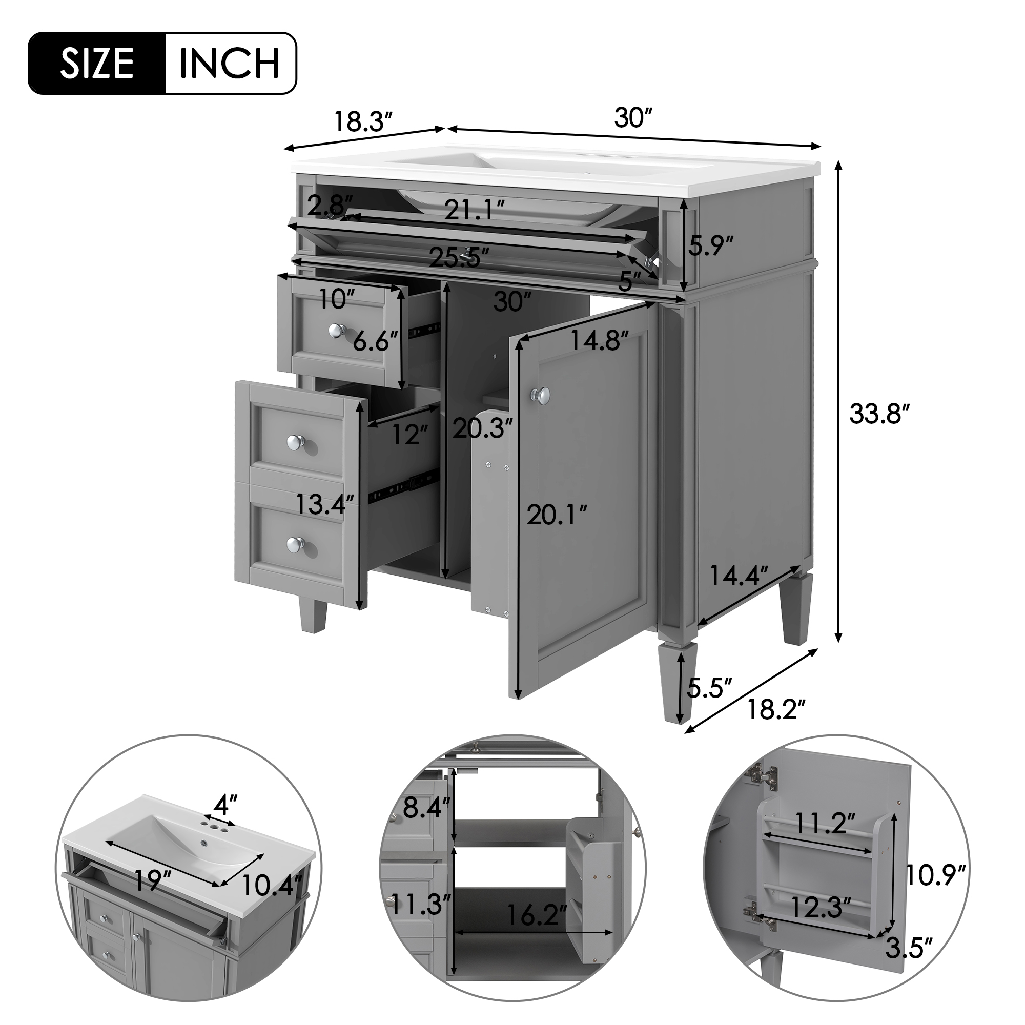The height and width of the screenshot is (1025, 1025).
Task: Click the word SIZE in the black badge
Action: [97, 63]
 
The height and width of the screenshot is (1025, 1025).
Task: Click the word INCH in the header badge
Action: [230, 63]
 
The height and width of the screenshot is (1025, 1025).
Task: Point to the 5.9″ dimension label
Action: [711, 245]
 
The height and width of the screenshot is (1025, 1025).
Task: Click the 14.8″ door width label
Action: [600, 341]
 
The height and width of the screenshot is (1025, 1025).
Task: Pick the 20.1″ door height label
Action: [557, 515]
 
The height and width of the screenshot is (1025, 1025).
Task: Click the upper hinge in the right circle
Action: [765, 778]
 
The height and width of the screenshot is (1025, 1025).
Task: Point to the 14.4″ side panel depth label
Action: [739, 576]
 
